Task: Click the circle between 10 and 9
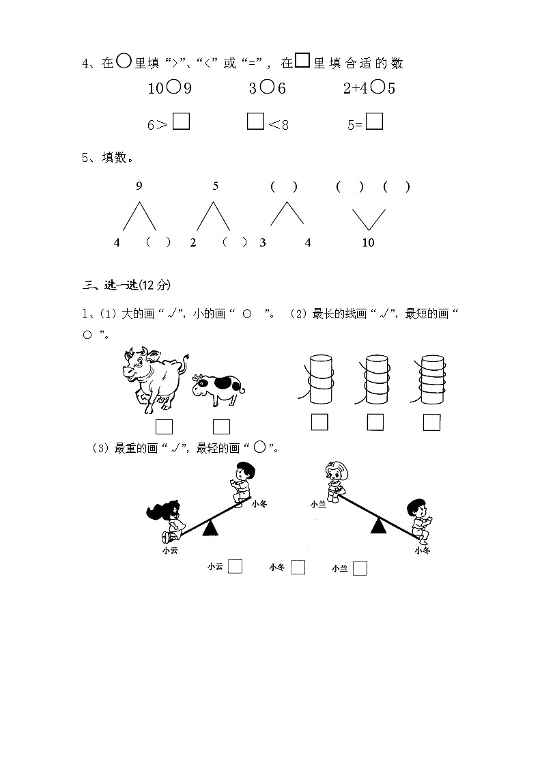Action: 173,88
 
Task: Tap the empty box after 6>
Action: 182,122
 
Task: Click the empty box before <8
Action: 255,122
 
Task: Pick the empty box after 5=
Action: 374,122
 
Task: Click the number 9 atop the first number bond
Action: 139,186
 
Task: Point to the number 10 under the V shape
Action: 368,242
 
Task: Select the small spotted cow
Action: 218,391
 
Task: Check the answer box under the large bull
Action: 164,427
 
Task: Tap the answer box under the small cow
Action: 221,427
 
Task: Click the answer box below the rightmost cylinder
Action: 431,423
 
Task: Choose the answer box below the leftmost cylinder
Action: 319,423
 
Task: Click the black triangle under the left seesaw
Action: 211,527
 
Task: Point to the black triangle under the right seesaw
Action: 378,525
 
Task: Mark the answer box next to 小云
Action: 236,566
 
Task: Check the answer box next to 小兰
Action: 360,568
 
